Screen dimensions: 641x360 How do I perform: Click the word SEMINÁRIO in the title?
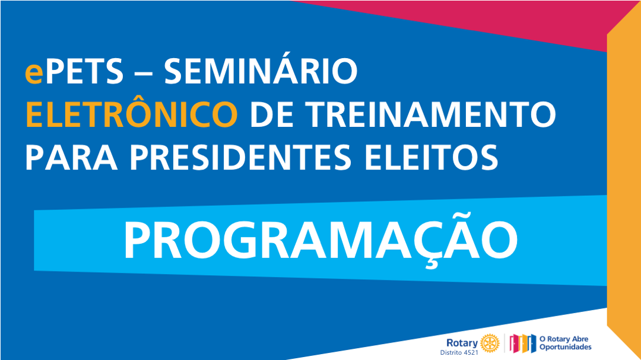(261, 71)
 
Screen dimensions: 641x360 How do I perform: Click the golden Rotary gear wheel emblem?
(490, 343)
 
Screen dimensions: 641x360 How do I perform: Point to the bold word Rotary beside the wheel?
(462, 342)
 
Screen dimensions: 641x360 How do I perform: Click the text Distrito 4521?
(459, 352)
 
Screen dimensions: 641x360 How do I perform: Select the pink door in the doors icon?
(514, 343)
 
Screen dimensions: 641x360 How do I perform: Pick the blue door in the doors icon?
(531, 343)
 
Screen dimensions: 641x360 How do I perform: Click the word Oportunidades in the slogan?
(566, 348)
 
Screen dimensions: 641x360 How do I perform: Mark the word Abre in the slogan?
(580, 339)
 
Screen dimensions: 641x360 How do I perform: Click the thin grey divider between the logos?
(504, 343)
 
